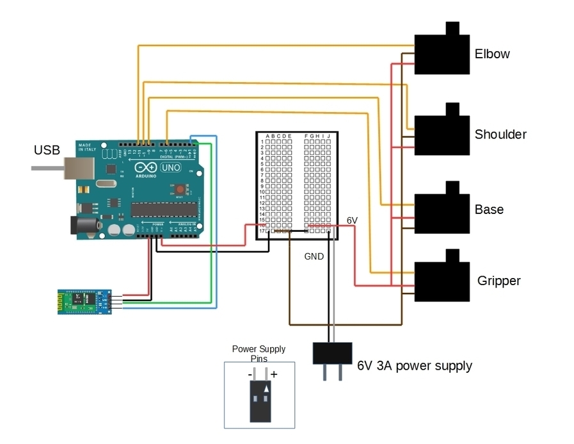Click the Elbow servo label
(x=492, y=54)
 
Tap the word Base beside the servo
(x=489, y=210)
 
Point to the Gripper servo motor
(x=442, y=281)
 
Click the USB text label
(x=47, y=150)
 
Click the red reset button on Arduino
(x=181, y=190)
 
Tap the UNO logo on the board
(x=170, y=167)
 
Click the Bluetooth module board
(x=84, y=302)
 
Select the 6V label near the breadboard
(x=352, y=220)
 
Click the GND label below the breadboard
(x=314, y=256)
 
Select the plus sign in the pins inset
(x=274, y=374)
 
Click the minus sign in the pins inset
(x=250, y=374)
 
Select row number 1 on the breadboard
(x=262, y=142)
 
